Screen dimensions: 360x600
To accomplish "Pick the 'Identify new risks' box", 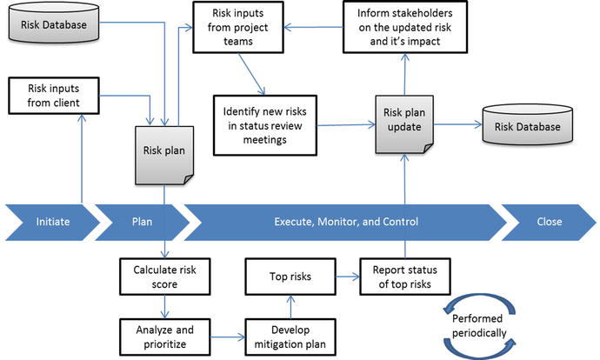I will click(x=265, y=123).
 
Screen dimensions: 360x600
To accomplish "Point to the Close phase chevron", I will click(x=548, y=221).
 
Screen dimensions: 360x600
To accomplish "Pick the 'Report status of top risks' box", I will click(x=406, y=277).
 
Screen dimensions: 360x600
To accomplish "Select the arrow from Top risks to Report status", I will click(x=343, y=279).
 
